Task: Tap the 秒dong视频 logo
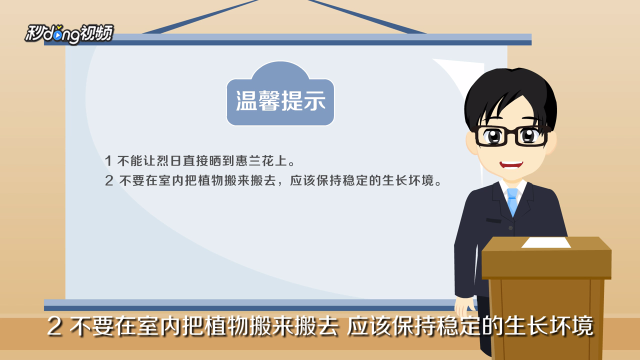coord(69,34)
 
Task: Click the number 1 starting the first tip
coord(108,161)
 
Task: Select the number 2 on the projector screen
coord(109,180)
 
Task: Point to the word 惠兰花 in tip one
coord(255,161)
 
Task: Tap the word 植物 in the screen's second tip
coord(210,180)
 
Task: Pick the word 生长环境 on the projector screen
coord(408,180)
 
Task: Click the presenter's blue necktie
coord(512,201)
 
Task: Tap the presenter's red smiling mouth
coord(511,165)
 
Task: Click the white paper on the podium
coord(546,242)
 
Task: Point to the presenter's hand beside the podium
coord(465,307)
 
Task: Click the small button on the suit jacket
coord(510,228)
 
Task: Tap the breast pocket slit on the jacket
coord(493,220)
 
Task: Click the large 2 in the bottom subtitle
coord(54,326)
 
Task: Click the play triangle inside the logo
coord(57,35)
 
